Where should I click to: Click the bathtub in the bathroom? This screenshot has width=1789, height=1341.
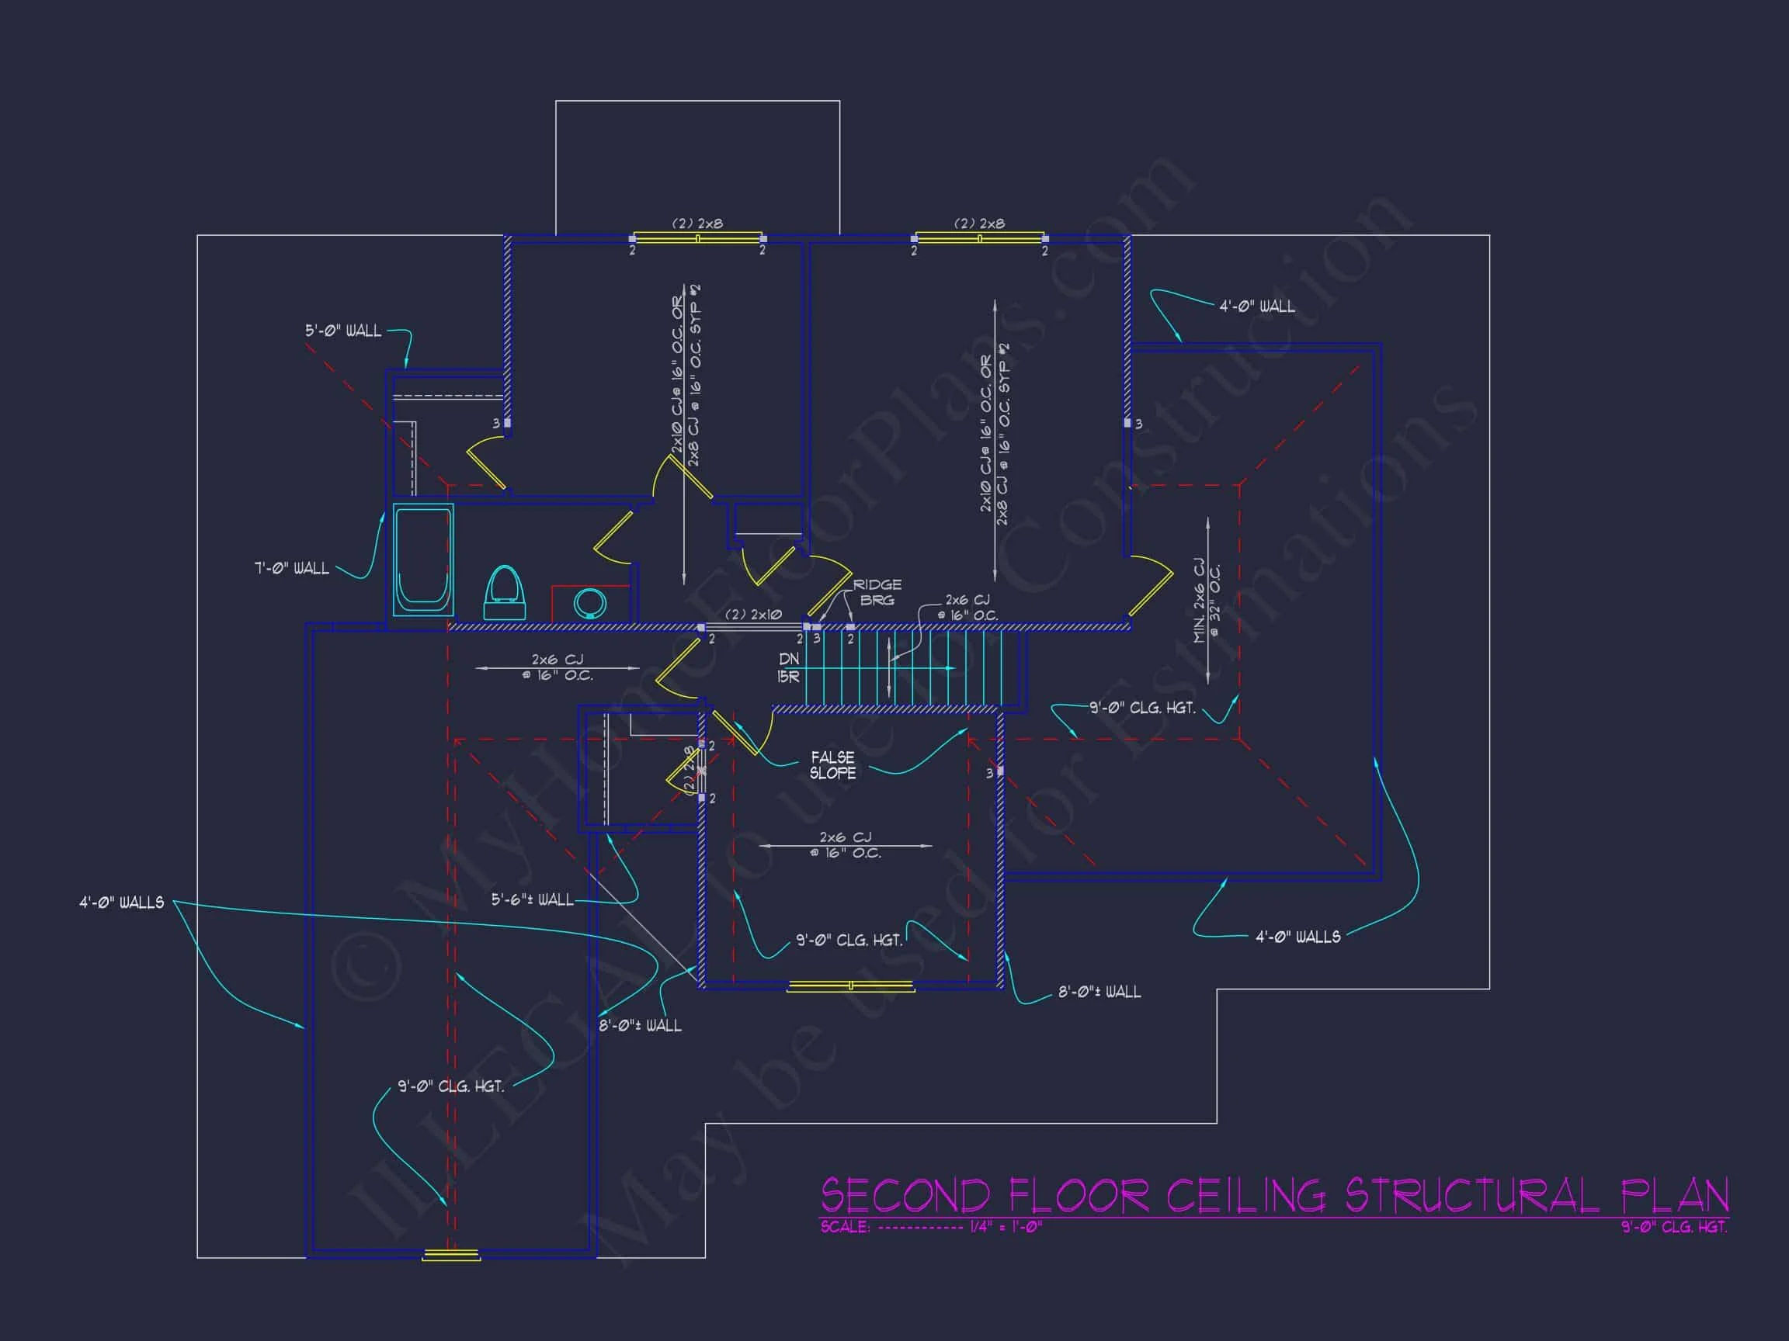pyautogui.click(x=423, y=559)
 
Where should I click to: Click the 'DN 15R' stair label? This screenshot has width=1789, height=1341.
pyautogui.click(x=789, y=667)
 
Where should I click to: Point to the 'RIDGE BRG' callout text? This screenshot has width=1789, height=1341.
pyautogui.click(x=877, y=591)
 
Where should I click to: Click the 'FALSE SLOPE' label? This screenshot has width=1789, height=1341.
pyautogui.click(x=832, y=764)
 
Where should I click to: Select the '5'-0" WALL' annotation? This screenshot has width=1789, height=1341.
pyautogui.click(x=343, y=331)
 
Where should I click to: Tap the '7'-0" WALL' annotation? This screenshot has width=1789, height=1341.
pyautogui.click(x=292, y=568)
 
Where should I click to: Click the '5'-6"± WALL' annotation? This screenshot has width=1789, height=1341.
pyautogui.click(x=532, y=899)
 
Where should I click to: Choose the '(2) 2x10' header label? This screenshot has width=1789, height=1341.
pyautogui.click(x=752, y=615)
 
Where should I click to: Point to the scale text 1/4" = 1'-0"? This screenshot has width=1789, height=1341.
pyautogui.click(x=1006, y=1227)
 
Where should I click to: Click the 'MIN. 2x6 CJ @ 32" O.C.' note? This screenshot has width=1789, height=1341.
pyautogui.click(x=1207, y=601)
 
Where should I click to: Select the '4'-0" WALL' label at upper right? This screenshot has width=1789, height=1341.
pyautogui.click(x=1257, y=307)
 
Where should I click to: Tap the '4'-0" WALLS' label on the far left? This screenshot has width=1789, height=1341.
pyautogui.click(x=121, y=902)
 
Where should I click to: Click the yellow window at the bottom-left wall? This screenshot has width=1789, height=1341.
pyautogui.click(x=451, y=1255)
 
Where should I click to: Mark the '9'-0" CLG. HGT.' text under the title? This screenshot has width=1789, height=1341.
pyautogui.click(x=1673, y=1227)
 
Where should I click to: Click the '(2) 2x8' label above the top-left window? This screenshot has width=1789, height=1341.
pyautogui.click(x=697, y=223)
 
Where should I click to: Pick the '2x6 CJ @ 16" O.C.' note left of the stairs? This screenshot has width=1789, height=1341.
pyautogui.click(x=558, y=667)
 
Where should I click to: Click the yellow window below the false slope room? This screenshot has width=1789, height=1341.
pyautogui.click(x=850, y=986)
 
